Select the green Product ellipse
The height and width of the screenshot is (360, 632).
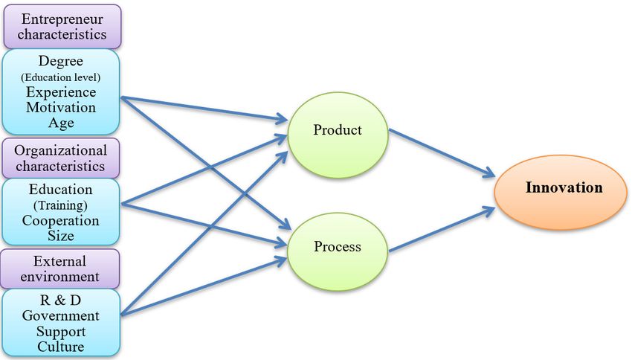click(x=337, y=131)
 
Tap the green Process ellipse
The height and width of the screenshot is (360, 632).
click(x=337, y=246)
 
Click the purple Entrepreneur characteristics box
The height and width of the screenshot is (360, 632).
click(x=62, y=26)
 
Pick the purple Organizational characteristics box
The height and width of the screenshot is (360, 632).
click(x=61, y=157)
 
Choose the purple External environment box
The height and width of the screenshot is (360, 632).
click(x=60, y=269)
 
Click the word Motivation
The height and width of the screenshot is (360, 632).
click(x=61, y=108)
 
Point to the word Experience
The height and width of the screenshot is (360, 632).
click(x=61, y=92)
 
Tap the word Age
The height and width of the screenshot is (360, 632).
click(x=61, y=123)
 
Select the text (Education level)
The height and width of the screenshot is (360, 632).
click(x=61, y=77)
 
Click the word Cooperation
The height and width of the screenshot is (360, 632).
click(x=61, y=221)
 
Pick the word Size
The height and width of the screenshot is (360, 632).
click(x=61, y=236)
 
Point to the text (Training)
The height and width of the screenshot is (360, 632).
click(x=61, y=205)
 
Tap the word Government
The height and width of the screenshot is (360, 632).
click(x=61, y=316)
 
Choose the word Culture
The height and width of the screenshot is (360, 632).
click(x=61, y=347)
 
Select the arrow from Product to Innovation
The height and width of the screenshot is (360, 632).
click(x=441, y=154)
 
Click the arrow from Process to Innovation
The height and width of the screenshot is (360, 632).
click(x=441, y=228)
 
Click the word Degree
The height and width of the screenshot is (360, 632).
click(x=61, y=62)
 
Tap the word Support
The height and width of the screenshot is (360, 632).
click(x=61, y=331)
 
